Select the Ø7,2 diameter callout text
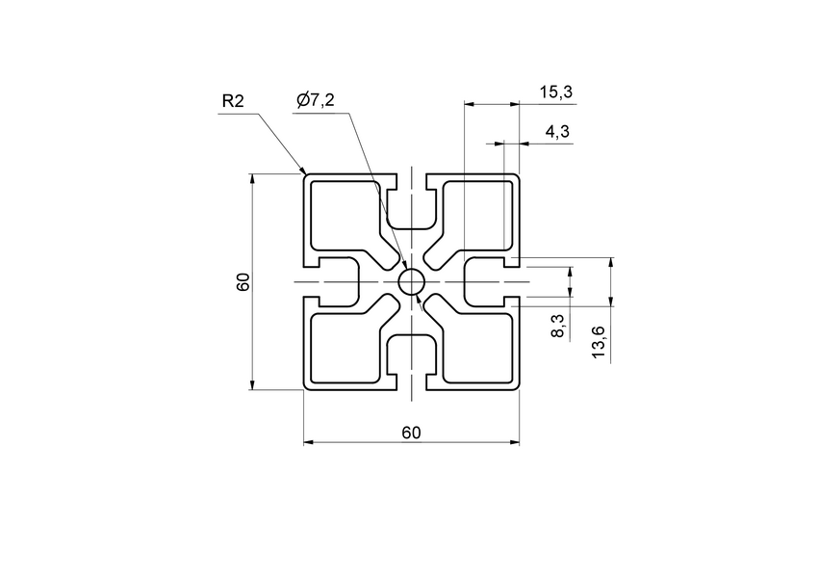point(316,99)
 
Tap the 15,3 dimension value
point(556,92)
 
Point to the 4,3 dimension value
point(557,132)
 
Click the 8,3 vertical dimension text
point(559,326)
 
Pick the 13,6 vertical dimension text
point(599,343)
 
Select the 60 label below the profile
point(411,433)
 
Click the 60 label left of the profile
point(243,282)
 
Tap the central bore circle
point(411,282)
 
